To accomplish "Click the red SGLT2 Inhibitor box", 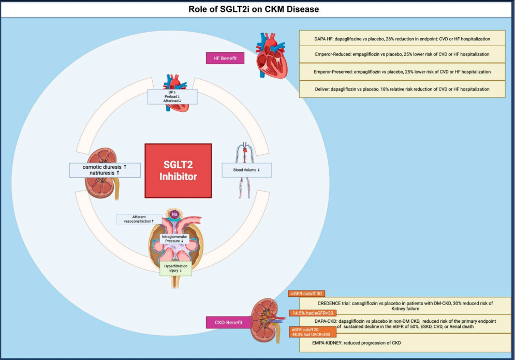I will (x=178, y=170).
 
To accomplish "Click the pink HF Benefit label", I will (x=225, y=59).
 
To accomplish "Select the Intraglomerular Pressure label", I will (x=174, y=239).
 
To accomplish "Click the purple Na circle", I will (x=174, y=213).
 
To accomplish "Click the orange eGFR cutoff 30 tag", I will (x=306, y=294).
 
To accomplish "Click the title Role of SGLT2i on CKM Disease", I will (x=257, y=9).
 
